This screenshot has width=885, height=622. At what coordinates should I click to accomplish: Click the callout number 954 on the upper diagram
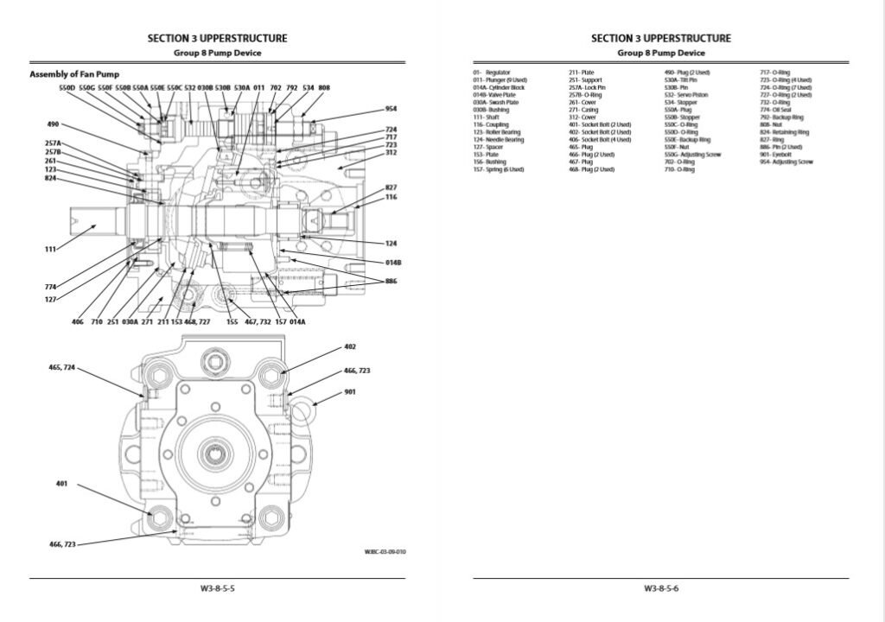[391, 109]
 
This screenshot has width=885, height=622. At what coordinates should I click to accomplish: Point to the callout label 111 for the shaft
[50, 250]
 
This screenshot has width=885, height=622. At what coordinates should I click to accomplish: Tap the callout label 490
[52, 124]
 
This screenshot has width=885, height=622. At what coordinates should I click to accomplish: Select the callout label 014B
[392, 262]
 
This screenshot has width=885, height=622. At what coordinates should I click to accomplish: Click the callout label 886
[391, 282]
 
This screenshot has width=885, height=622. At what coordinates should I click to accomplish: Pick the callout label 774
[50, 286]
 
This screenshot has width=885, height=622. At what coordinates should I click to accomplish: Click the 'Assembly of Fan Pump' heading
[74, 74]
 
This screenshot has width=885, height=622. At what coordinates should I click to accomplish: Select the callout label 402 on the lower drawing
[350, 346]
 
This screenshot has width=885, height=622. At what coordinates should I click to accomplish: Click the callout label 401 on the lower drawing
[61, 484]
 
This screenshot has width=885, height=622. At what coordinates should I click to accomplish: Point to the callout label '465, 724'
[61, 367]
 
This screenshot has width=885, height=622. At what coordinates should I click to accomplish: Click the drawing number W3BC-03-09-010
[385, 551]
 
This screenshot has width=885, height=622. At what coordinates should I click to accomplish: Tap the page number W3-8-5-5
[217, 588]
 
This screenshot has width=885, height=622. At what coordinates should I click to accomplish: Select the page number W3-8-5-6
[660, 588]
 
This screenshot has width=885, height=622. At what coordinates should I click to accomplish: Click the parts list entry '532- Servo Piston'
[686, 95]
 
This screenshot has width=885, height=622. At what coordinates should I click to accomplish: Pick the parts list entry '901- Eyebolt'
[778, 154]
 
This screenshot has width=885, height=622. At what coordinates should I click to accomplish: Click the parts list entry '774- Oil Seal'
[775, 110]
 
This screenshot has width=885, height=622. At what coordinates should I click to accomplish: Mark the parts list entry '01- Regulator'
[491, 73]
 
